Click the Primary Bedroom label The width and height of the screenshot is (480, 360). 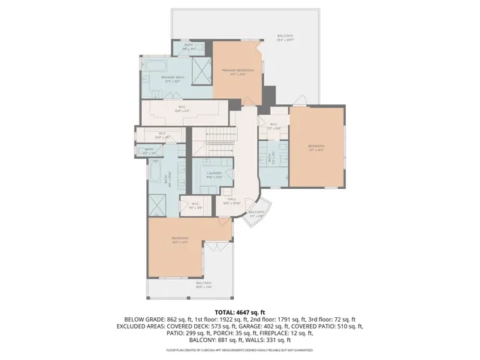pyautogui.click(x=237, y=71)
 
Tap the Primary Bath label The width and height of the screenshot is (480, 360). pyautogui.click(x=172, y=79)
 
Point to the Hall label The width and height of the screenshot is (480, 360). pyautogui.click(x=232, y=201)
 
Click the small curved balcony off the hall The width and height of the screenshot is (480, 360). pyautogui.click(x=256, y=213)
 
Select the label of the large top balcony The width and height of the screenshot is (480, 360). pyautogui.click(x=285, y=37)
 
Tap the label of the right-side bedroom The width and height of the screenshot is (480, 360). pyautogui.click(x=316, y=148)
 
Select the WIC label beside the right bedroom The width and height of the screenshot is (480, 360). pyautogui.click(x=274, y=126)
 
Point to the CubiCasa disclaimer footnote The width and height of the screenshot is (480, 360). pyautogui.click(x=240, y=350)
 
